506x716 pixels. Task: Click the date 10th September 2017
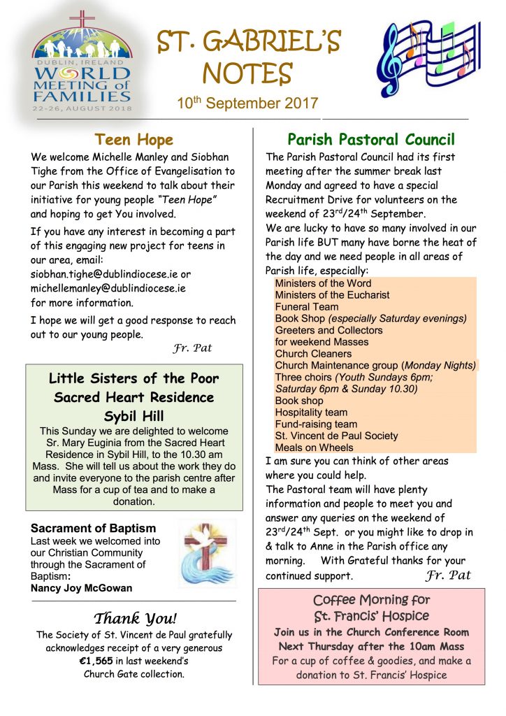247,103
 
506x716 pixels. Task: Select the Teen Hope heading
133,140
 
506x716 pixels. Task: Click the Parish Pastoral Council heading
371,140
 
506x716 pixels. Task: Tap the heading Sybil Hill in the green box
133,416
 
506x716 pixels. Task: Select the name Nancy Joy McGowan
81,588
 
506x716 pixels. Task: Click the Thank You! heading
135,618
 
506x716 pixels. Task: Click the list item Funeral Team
307,307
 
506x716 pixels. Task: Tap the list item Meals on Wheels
314,447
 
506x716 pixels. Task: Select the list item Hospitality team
311,413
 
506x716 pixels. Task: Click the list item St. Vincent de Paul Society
336,436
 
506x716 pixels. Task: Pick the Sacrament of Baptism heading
94,529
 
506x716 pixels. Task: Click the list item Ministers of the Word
323,283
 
